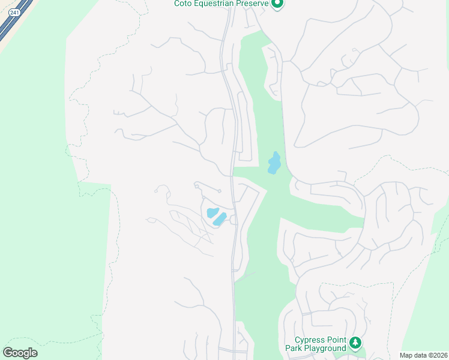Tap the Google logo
[x=20, y=353]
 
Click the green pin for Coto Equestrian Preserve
[x=277, y=4]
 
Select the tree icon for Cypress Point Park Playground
[x=356, y=343]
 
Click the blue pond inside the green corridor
[x=274, y=163]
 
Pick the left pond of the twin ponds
[x=212, y=212]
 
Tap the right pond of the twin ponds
[x=220, y=219]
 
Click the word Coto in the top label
[x=184, y=4]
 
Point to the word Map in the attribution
[x=407, y=355]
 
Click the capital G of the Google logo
[x=8, y=353]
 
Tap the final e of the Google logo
[x=34, y=353]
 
